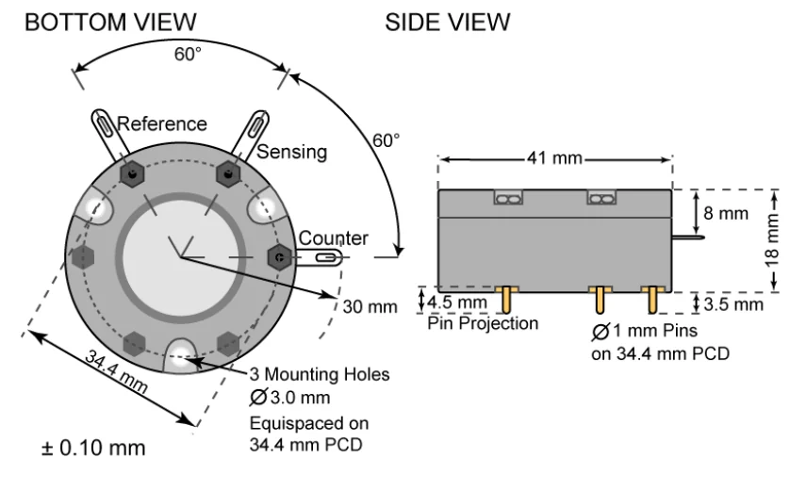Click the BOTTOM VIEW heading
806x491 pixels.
(110, 21)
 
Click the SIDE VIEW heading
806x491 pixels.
(447, 21)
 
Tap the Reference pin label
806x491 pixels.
(161, 123)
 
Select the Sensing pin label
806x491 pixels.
(292, 151)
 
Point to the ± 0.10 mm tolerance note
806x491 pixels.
(93, 448)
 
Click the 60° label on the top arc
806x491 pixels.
(188, 54)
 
